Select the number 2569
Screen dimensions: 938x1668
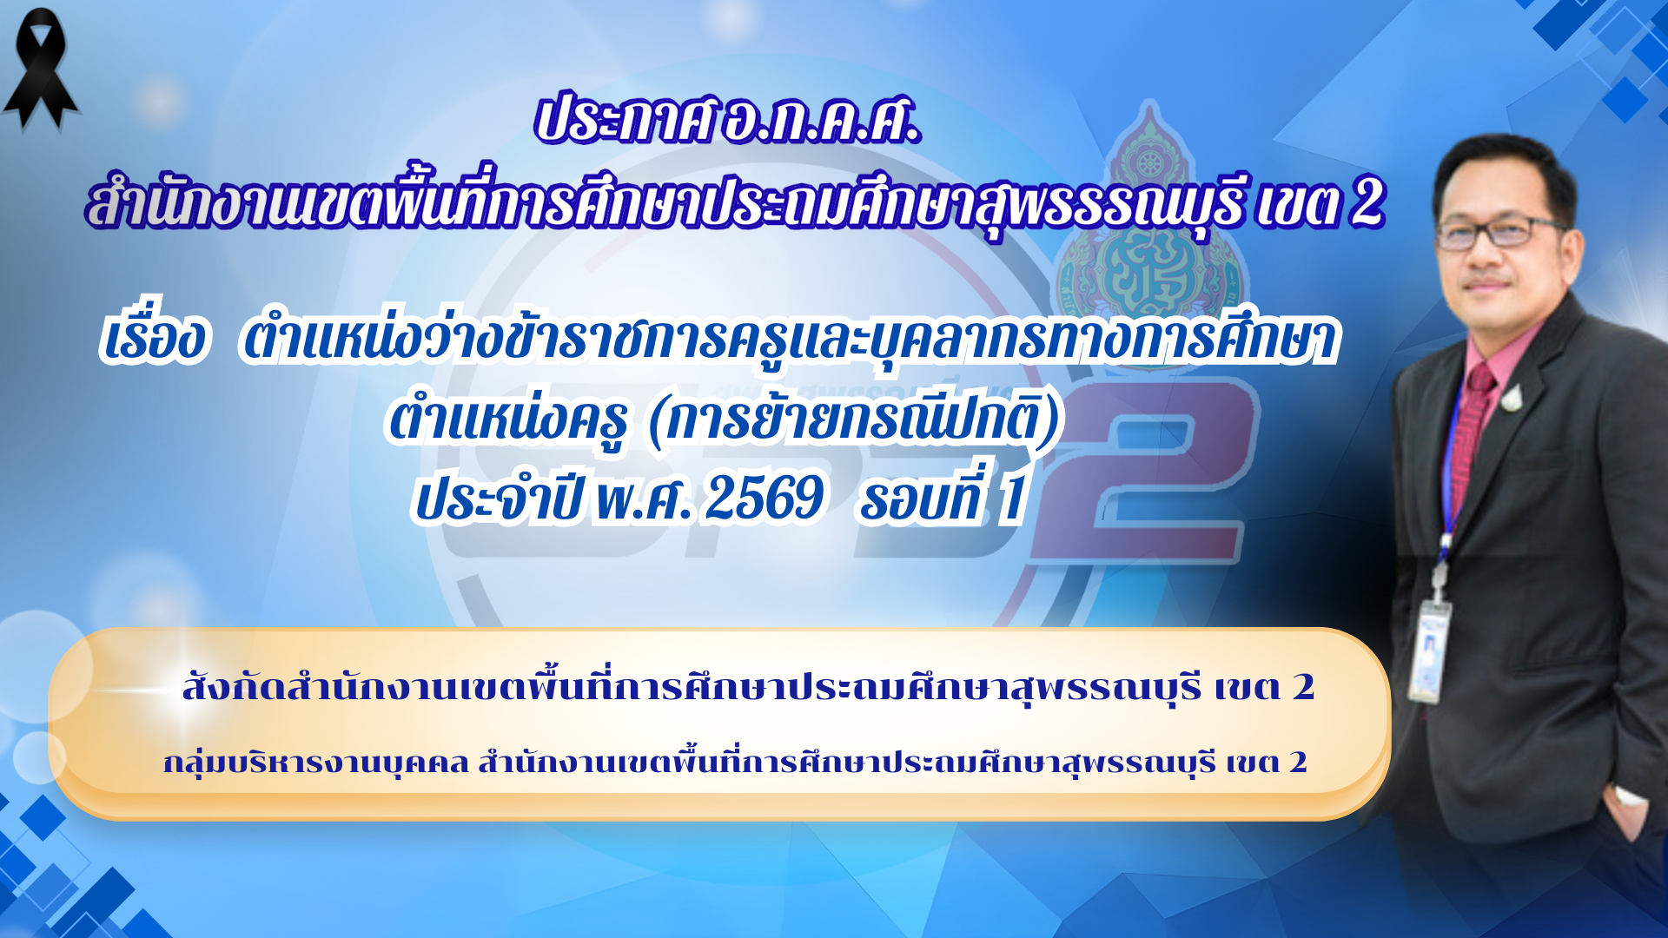click(764, 499)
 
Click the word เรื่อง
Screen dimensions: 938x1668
click(155, 339)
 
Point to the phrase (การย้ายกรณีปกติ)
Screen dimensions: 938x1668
click(855, 421)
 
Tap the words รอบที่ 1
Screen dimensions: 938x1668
click(943, 499)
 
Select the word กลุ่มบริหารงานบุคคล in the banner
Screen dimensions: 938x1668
click(316, 763)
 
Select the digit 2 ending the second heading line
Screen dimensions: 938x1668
click(1367, 204)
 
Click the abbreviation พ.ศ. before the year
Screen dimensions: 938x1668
click(643, 499)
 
